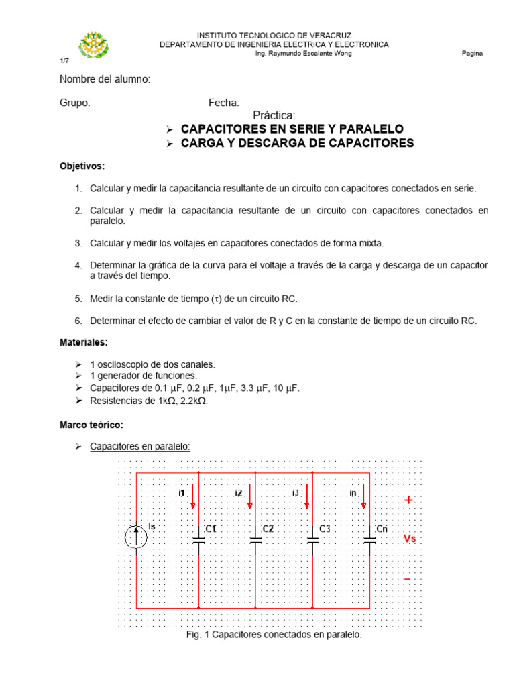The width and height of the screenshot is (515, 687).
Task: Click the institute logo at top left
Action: [93, 45]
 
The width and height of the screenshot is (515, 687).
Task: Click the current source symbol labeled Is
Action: [136, 537]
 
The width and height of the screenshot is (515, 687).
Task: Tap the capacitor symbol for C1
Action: [198, 539]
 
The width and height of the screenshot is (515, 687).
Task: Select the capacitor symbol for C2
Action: [255, 539]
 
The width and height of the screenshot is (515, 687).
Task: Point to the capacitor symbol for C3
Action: [312, 539]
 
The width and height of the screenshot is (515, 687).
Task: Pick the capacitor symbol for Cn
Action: [369, 539]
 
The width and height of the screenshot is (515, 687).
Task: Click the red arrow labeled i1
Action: [193, 497]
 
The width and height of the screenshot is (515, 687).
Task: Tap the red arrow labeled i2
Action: [250, 497]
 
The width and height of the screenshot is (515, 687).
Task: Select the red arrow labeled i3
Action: [307, 497]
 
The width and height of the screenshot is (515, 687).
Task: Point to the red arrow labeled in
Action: [364, 497]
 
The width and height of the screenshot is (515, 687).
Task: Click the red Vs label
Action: [410, 539]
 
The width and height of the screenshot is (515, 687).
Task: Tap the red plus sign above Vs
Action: [408, 500]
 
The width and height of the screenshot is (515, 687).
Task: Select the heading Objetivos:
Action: [82, 166]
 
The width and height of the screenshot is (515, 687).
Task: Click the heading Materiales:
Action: [84, 342]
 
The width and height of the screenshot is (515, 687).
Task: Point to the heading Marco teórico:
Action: [91, 425]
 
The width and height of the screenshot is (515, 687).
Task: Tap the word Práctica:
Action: [274, 116]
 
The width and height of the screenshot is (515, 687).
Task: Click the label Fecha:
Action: [223, 103]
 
